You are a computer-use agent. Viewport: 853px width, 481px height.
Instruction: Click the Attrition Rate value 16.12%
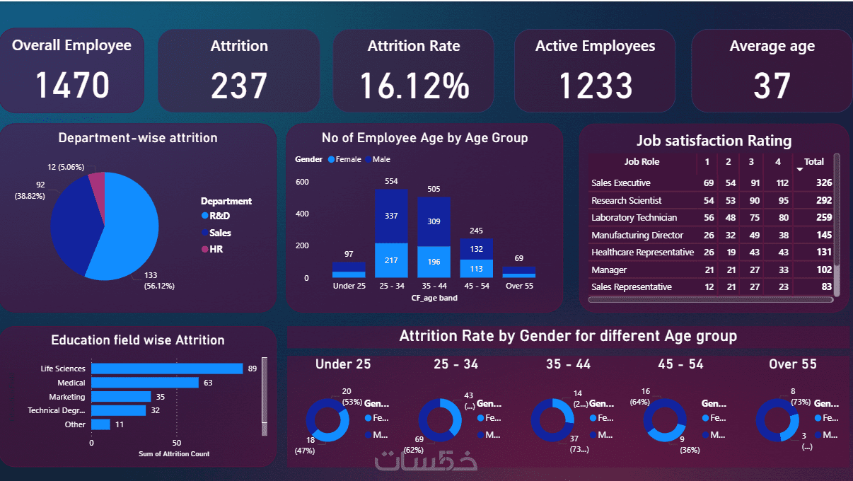click(414, 86)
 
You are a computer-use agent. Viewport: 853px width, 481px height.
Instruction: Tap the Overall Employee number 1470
click(72, 86)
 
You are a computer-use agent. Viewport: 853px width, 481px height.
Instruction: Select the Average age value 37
click(772, 86)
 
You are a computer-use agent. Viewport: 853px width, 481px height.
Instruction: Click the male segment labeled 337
click(391, 216)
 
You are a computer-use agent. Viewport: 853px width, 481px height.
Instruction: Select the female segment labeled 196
click(434, 262)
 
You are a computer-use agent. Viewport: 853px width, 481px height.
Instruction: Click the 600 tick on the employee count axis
click(302, 182)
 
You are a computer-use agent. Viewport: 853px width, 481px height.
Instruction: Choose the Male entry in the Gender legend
click(381, 160)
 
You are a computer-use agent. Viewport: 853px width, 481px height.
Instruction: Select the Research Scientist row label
click(627, 201)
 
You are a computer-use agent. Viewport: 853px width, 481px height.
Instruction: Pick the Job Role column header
click(642, 162)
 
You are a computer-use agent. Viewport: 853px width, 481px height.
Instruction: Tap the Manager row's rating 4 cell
click(777, 270)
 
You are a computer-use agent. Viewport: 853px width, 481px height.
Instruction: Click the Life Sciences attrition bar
click(167, 369)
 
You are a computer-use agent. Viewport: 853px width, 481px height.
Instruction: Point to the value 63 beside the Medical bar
click(208, 383)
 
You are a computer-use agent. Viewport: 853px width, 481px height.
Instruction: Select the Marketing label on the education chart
click(67, 397)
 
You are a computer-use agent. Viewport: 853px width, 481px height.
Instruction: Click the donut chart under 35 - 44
click(552, 420)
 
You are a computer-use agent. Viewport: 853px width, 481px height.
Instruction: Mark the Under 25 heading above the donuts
click(343, 364)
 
